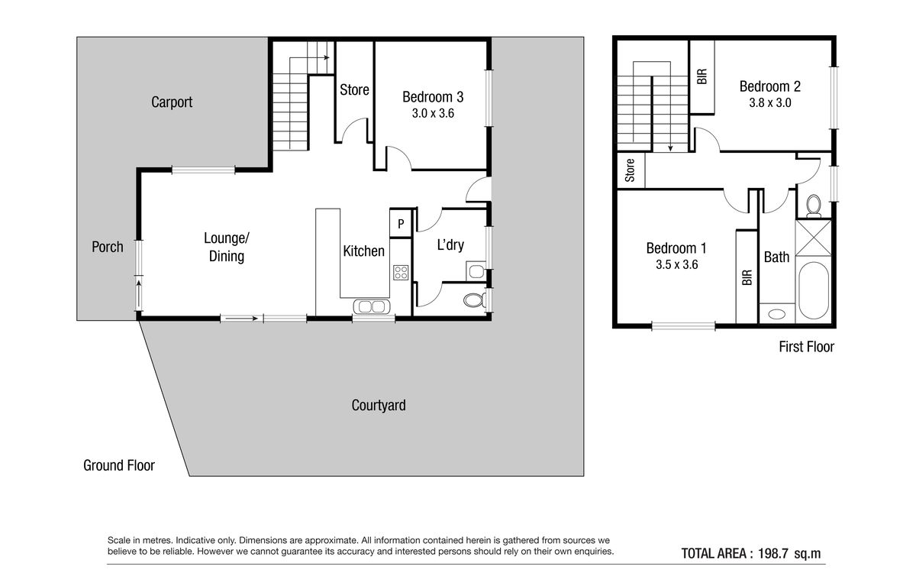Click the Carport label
[x=172, y=102]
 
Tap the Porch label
[x=108, y=247]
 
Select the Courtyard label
[x=379, y=405]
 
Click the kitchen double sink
[x=372, y=306]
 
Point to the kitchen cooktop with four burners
[x=401, y=273]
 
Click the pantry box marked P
[x=401, y=223]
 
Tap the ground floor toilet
[x=474, y=300]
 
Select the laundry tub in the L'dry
[x=476, y=271]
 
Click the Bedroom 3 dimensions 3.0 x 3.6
[x=433, y=113]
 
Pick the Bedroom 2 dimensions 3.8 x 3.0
[x=770, y=102]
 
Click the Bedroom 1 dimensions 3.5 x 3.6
[x=677, y=265]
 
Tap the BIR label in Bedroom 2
[x=702, y=76]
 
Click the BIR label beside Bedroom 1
[x=747, y=277]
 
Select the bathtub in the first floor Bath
[x=814, y=290]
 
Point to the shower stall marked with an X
[x=814, y=238]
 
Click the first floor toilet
[x=814, y=206]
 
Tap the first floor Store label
[x=630, y=170]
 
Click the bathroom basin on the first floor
[x=776, y=314]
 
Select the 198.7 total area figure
[x=772, y=553]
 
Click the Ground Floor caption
[x=119, y=465]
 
